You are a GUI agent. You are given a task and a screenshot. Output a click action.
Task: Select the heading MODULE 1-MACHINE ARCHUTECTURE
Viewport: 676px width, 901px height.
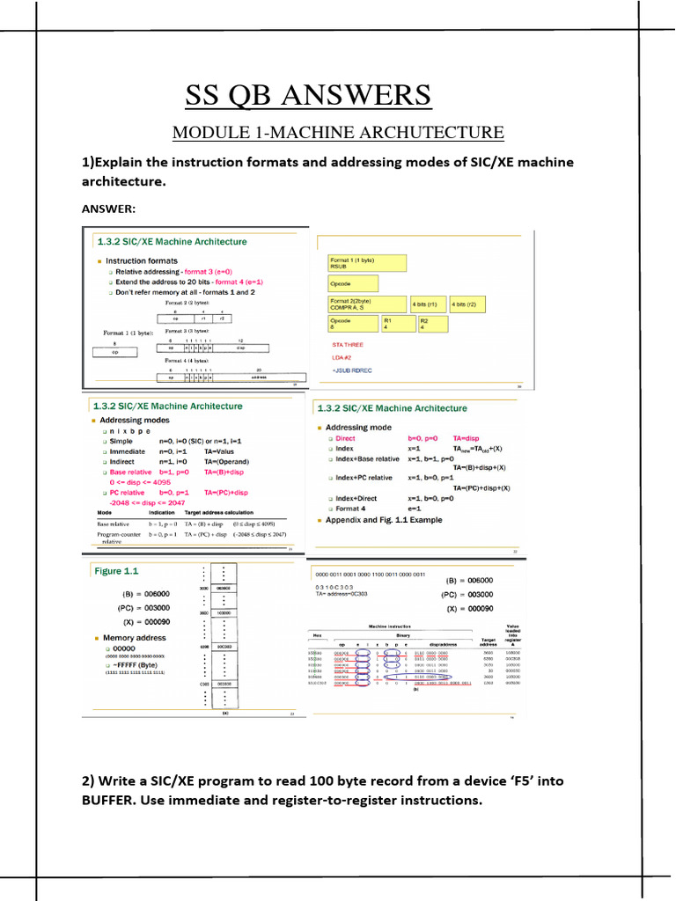[x=338, y=133]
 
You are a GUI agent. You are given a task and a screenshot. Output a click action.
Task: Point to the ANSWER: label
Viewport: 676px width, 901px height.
[x=109, y=209]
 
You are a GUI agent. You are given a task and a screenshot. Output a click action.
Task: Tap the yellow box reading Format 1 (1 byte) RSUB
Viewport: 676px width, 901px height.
[x=366, y=263]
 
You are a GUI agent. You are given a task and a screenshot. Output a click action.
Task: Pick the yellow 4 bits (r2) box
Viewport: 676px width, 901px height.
[x=468, y=304]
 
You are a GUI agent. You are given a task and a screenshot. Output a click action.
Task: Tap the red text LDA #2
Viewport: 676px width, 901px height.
[x=342, y=358]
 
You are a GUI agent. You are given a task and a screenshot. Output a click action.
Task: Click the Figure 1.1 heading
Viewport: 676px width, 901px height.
[x=121, y=571]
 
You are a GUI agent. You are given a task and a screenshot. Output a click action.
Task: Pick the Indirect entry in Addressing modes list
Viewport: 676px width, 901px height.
[x=128, y=461]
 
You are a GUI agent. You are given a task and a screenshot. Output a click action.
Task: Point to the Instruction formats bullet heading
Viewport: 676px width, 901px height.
[x=141, y=260]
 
